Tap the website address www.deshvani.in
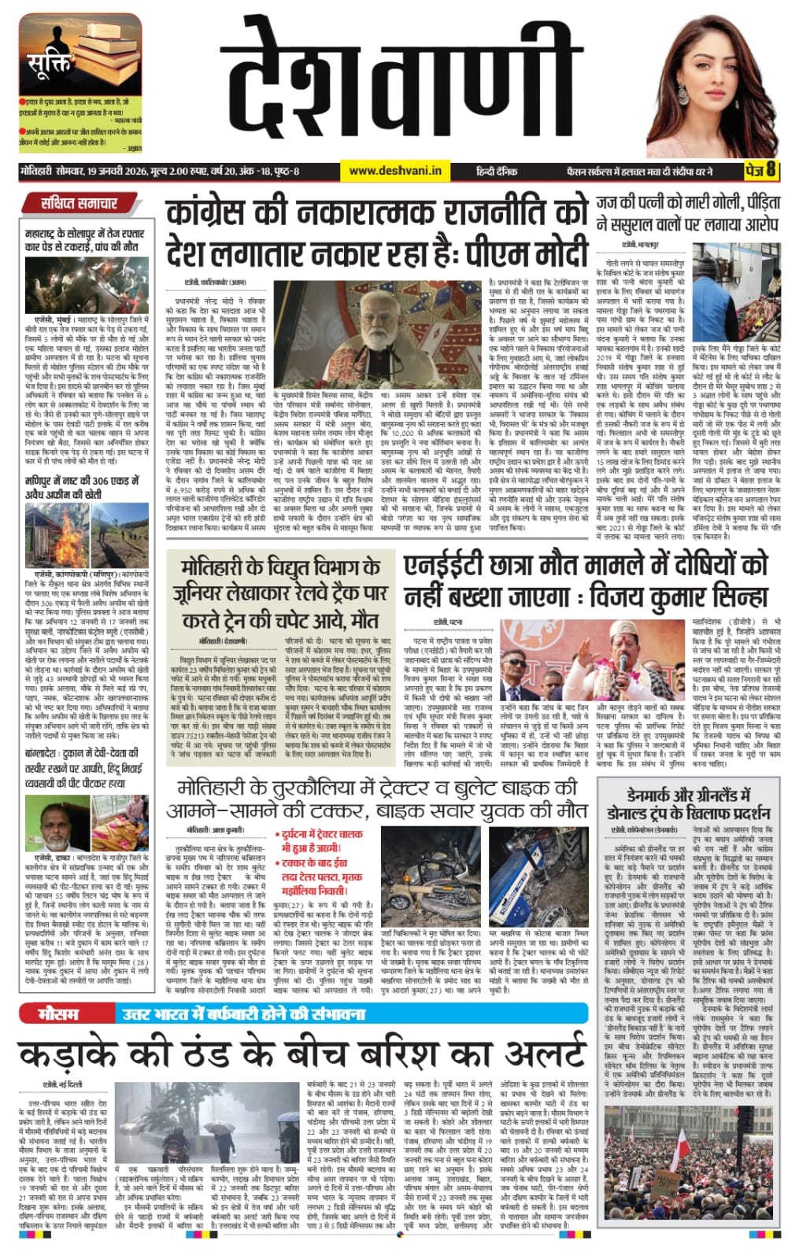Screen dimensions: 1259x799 394,170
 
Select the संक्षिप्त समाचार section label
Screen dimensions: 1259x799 79,203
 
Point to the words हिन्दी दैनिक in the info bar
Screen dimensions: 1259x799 497,170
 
